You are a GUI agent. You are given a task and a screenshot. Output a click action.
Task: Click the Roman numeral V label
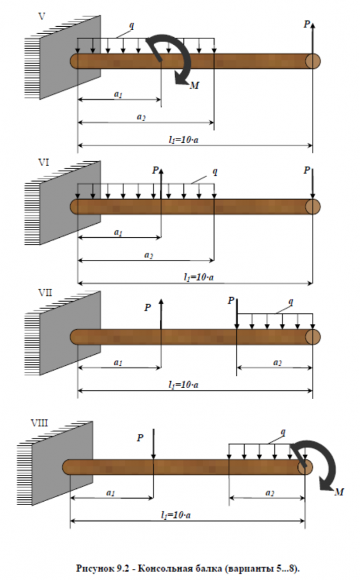[42, 16]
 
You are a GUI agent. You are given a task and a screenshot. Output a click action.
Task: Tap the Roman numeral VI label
[43, 162]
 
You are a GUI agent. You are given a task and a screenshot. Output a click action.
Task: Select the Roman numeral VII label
[45, 292]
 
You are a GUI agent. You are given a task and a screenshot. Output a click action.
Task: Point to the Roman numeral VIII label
[39, 422]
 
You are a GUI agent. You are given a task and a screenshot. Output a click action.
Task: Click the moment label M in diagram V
[194, 85]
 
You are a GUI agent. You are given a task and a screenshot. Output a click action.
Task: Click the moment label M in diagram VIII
[339, 492]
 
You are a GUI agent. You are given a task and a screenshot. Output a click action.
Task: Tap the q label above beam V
[131, 26]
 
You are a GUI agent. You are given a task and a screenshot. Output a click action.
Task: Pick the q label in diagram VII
[291, 302]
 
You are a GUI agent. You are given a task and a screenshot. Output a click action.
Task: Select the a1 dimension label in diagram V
[118, 94]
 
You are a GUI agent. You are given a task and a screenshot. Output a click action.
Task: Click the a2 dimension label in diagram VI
[148, 255]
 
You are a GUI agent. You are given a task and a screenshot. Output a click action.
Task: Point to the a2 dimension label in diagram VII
[277, 362]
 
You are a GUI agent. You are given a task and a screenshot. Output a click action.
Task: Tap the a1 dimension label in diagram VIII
[111, 492]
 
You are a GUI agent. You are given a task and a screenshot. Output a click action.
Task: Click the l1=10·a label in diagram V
[183, 139]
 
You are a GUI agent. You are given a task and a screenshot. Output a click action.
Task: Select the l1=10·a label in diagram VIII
[176, 515]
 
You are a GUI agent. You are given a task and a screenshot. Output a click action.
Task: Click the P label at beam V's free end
[307, 24]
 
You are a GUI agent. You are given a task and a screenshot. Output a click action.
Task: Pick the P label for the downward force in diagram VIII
[140, 437]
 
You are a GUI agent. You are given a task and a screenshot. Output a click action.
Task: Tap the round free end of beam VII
[312, 337]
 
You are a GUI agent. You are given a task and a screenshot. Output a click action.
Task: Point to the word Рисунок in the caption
[95, 568]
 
